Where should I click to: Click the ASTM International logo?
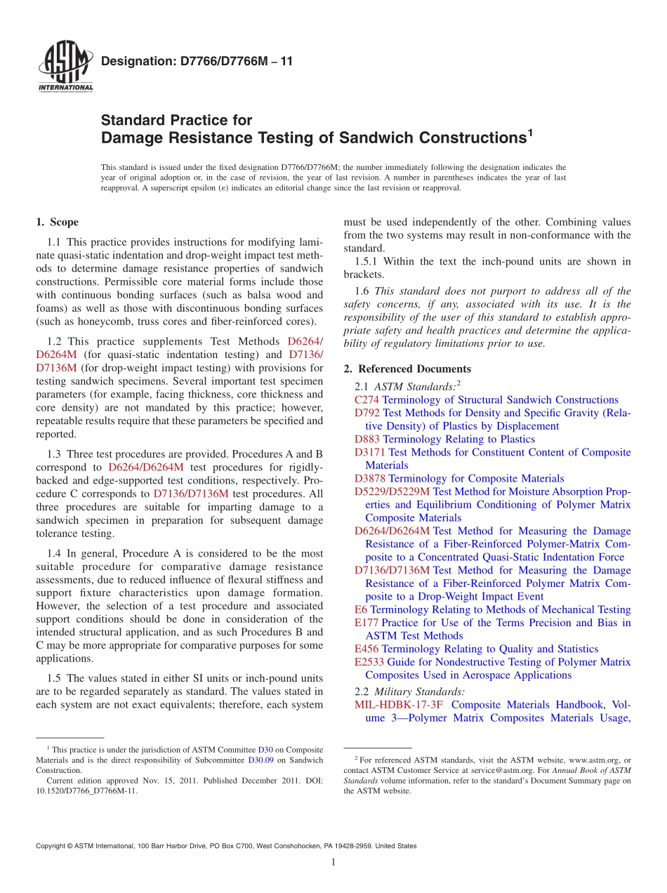coord(65,67)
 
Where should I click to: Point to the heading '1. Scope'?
coord(57,223)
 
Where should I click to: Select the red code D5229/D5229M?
coord(392,491)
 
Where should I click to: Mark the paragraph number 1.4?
coord(54,553)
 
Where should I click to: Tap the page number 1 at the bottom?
coord(333,862)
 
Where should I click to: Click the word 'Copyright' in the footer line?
coord(53,846)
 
